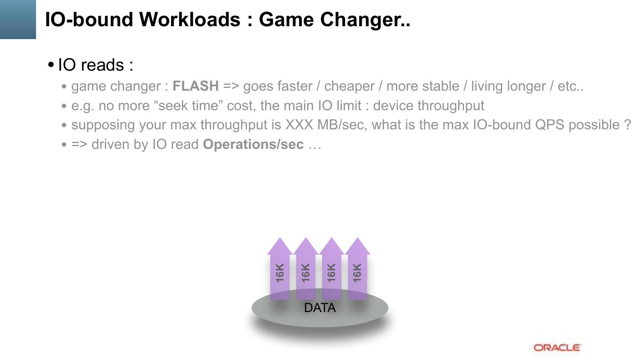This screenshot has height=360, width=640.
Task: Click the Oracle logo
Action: click(557, 348)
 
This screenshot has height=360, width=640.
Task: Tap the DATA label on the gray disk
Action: click(320, 308)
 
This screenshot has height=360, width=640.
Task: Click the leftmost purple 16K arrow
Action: click(280, 271)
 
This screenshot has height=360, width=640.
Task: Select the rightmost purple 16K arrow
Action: click(357, 271)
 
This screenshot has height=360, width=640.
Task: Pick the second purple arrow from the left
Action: click(305, 271)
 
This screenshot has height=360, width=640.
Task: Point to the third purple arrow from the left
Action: click(331, 271)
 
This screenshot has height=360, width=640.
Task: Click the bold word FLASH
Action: click(196, 86)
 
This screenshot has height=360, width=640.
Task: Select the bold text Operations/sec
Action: click(253, 144)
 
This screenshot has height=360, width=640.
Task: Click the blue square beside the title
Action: click(18, 19)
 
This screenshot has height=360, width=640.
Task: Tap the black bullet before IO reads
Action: click(51, 65)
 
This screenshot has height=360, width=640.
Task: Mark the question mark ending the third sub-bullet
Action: click(627, 125)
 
